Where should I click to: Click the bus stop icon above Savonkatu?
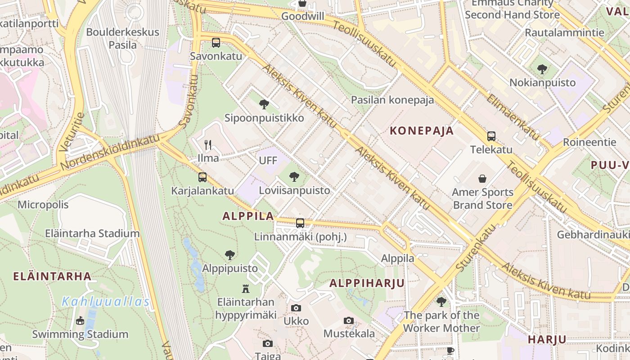(216, 43)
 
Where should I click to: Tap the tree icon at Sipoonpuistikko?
(264, 104)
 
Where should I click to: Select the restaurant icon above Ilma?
(208, 144)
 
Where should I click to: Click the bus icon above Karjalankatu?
(202, 177)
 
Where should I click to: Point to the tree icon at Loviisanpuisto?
(294, 177)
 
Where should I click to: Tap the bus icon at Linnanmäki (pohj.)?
(300, 223)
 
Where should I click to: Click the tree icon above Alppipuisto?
(230, 255)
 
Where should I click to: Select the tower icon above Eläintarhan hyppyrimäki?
(246, 288)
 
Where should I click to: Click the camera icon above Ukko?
(296, 308)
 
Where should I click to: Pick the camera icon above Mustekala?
(349, 320)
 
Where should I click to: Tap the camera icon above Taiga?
(268, 343)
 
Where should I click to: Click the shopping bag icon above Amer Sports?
(482, 179)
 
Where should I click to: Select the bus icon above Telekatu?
(491, 136)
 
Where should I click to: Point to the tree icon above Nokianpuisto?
(542, 69)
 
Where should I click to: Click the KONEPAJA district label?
(422, 131)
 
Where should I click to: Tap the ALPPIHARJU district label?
(367, 283)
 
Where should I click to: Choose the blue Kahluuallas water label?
(105, 301)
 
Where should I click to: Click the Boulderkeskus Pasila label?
(122, 38)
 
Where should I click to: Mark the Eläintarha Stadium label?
(92, 234)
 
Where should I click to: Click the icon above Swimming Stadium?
(80, 320)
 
